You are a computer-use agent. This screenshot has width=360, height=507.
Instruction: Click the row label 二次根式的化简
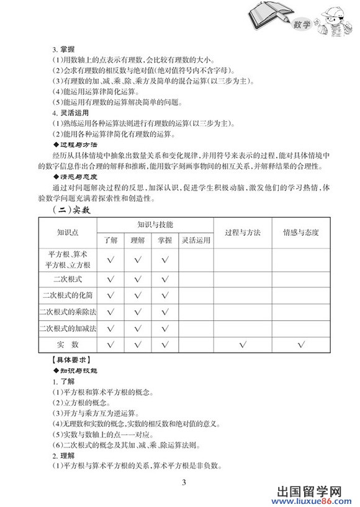(68, 295)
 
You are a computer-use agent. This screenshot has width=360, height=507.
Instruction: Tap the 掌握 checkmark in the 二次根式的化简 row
(164, 295)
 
